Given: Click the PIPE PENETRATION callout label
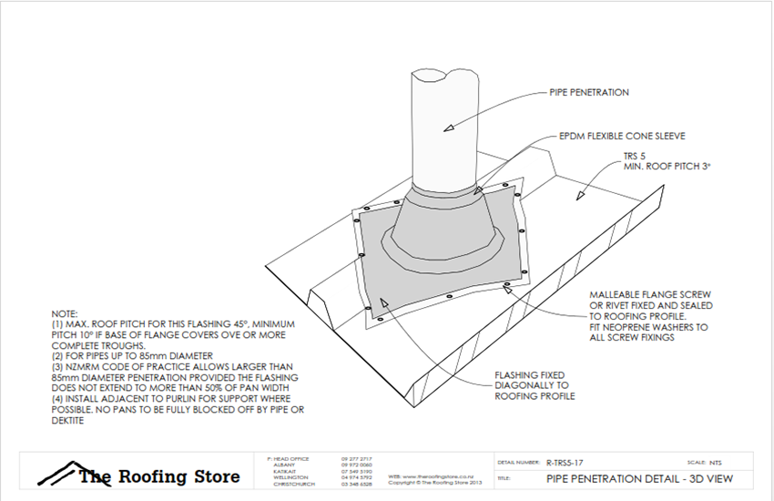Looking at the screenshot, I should pos(589,92).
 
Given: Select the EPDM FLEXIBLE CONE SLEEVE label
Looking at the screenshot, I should pos(621,136).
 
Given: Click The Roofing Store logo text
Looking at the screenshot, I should pos(159,475).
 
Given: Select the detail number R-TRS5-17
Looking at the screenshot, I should pos(566,462).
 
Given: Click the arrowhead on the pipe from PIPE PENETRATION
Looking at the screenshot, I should pos(446,130).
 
